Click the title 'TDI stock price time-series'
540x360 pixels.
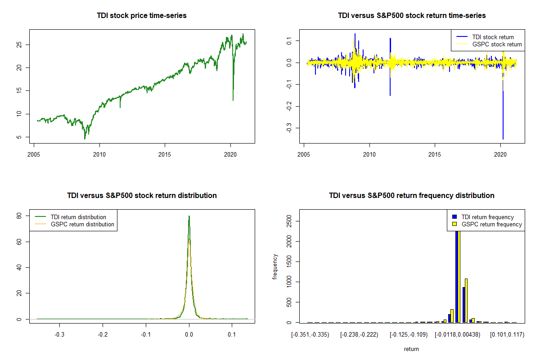[x=141, y=16]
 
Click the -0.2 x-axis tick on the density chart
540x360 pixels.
[x=103, y=334]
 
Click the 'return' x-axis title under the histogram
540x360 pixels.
[x=411, y=349]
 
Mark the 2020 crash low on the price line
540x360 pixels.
[x=233, y=100]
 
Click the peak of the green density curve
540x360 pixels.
[x=189, y=216]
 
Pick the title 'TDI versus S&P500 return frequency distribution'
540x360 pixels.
[x=411, y=196]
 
